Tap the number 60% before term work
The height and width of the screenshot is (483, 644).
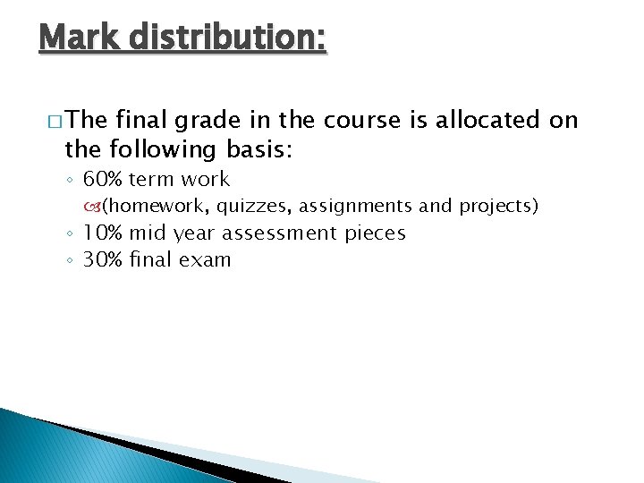103,179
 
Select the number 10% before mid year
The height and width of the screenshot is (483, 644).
103,233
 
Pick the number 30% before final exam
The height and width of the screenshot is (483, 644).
103,260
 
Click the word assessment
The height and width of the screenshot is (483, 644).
280,233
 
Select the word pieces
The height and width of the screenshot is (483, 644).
375,233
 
